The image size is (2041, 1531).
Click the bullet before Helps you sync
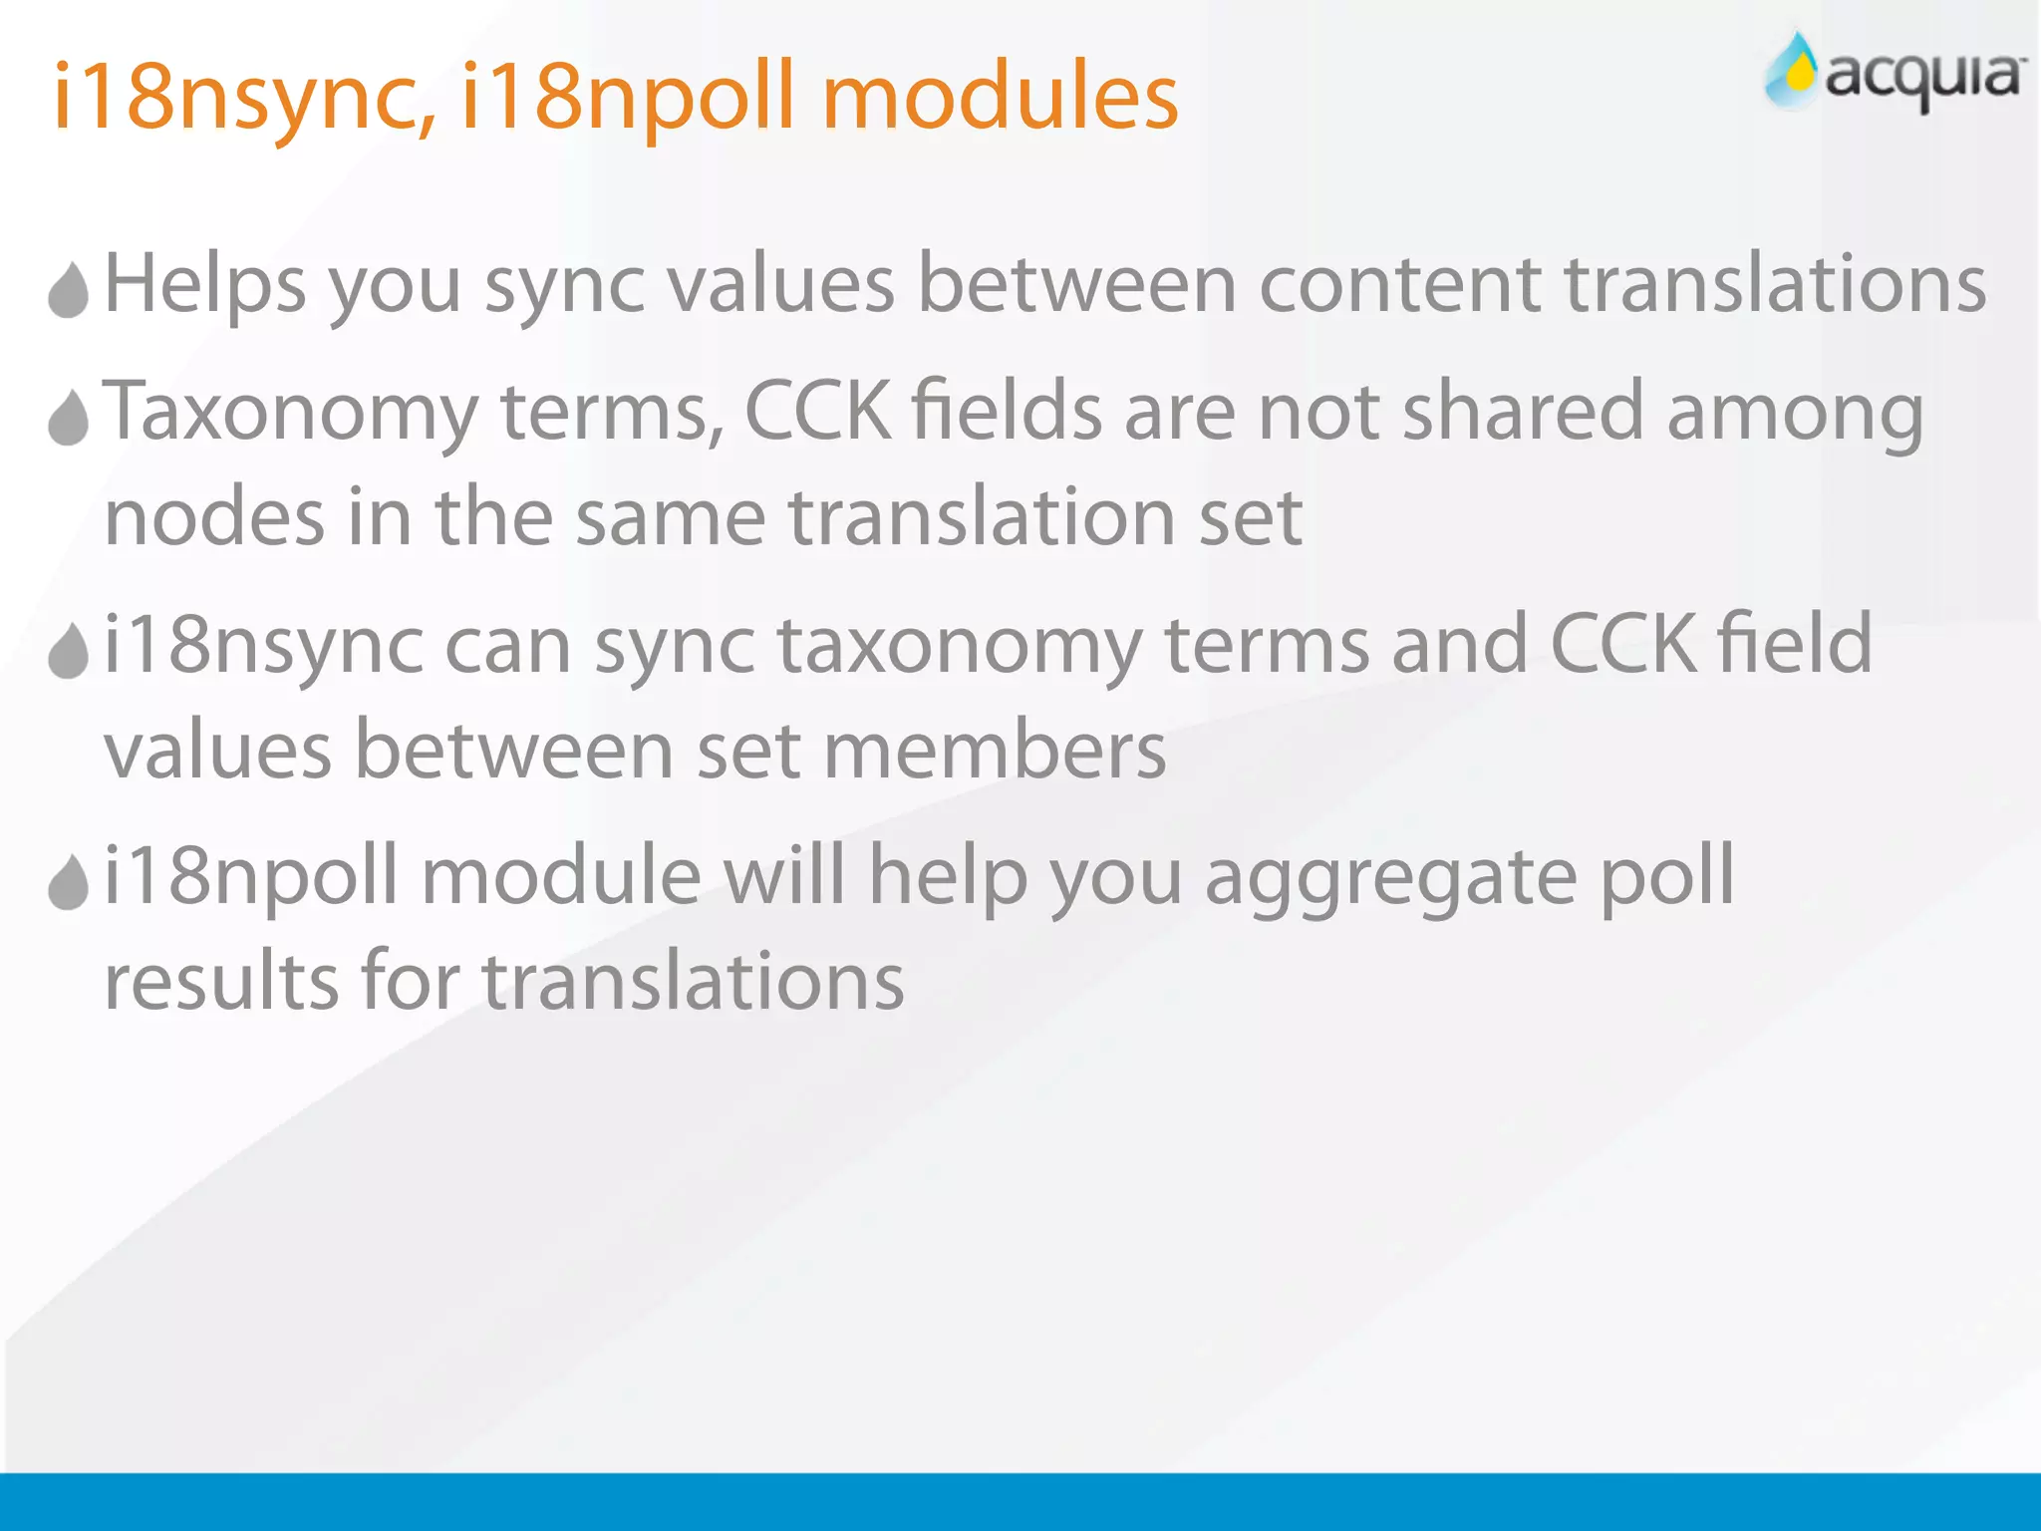[x=69, y=290]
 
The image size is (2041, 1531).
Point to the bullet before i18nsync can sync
[x=69, y=651]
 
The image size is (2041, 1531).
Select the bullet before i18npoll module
[x=69, y=882]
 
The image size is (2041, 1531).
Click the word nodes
[x=214, y=518]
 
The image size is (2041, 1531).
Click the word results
[x=221, y=982]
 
